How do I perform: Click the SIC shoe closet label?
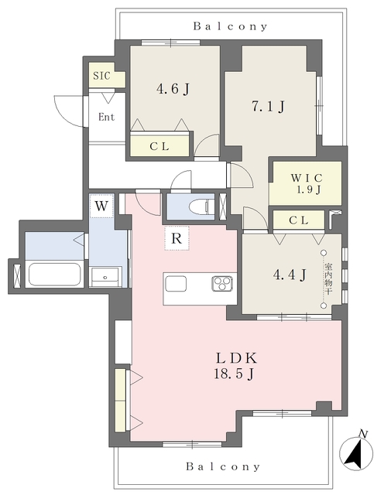(101, 76)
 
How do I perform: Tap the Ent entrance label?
(107, 117)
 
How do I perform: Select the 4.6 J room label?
(173, 89)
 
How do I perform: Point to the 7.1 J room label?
(268, 107)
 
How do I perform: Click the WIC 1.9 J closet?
(305, 183)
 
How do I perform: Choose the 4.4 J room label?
(290, 275)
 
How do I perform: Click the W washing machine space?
(101, 206)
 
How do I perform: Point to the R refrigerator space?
(177, 238)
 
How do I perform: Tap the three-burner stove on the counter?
(222, 282)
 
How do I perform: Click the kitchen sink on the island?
(176, 283)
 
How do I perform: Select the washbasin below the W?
(105, 277)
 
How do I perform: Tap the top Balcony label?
(230, 26)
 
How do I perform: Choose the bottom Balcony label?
(223, 466)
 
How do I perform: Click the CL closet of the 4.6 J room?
(160, 146)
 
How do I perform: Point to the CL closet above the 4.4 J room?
(299, 220)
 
